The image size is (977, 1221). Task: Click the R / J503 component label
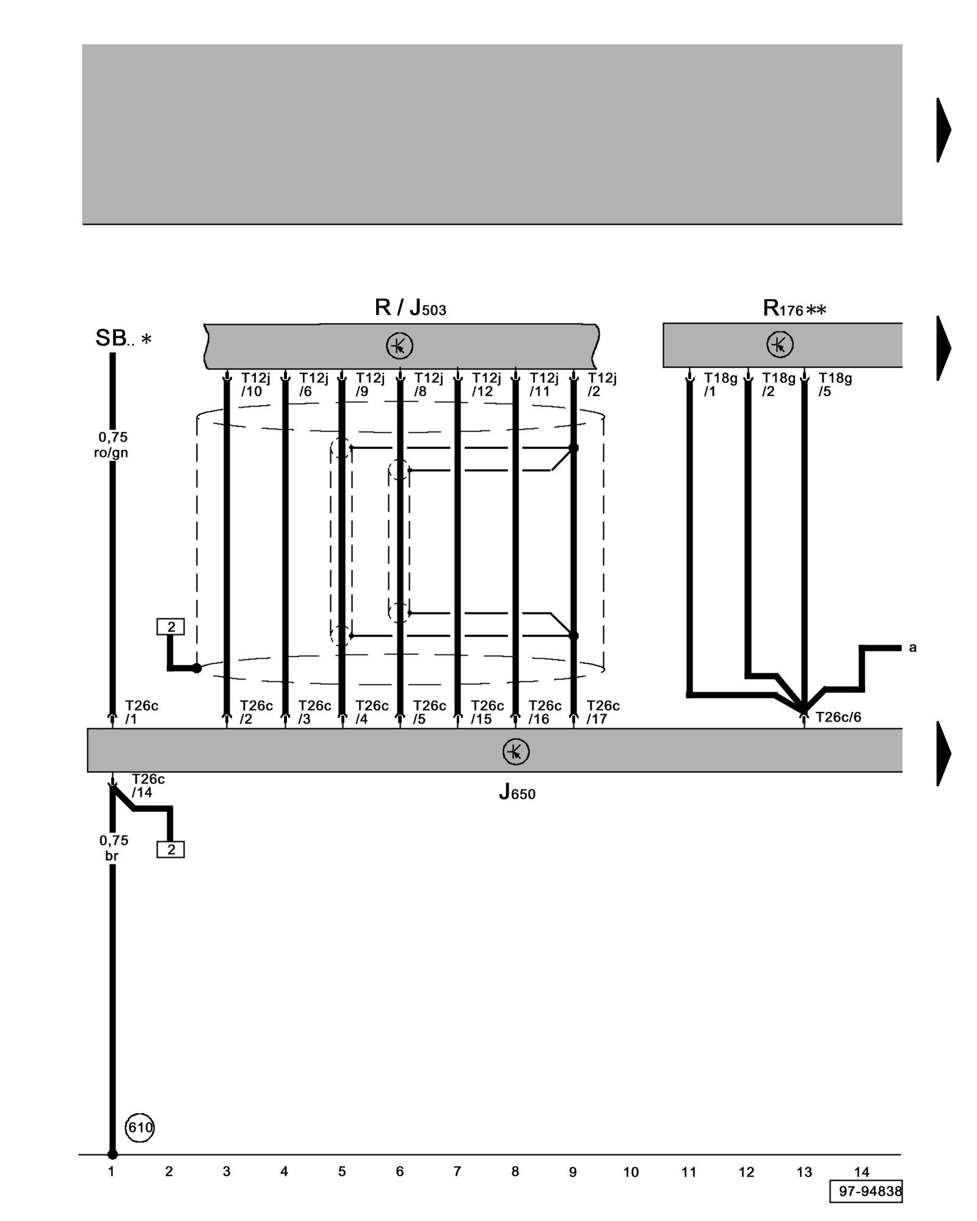pos(410,308)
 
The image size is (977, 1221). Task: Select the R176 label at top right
pos(794,309)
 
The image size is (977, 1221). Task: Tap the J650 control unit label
pos(517,792)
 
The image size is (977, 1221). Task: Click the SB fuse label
pos(123,338)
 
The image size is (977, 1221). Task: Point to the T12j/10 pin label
pos(255,385)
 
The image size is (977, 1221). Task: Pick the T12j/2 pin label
pos(601,385)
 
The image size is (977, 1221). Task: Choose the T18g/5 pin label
pos(835,385)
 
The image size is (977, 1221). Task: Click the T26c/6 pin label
pos(838,717)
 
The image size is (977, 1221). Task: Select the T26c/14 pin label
pos(148,786)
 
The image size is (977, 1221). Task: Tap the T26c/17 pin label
pos(603,712)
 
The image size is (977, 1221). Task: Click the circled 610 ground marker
pos(140,1127)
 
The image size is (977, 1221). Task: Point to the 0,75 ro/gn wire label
pos(112,444)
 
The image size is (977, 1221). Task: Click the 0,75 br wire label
pos(114,848)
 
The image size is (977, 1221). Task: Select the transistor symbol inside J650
pos(515,752)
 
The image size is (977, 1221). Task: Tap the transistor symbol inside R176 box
pos(780,345)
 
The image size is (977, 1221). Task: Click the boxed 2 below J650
pos(170,849)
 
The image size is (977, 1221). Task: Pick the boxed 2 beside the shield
pos(170,626)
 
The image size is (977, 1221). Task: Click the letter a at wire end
pos(912,647)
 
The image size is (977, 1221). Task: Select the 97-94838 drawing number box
pos(865,1191)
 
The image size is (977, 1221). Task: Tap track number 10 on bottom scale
pos(631,1172)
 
